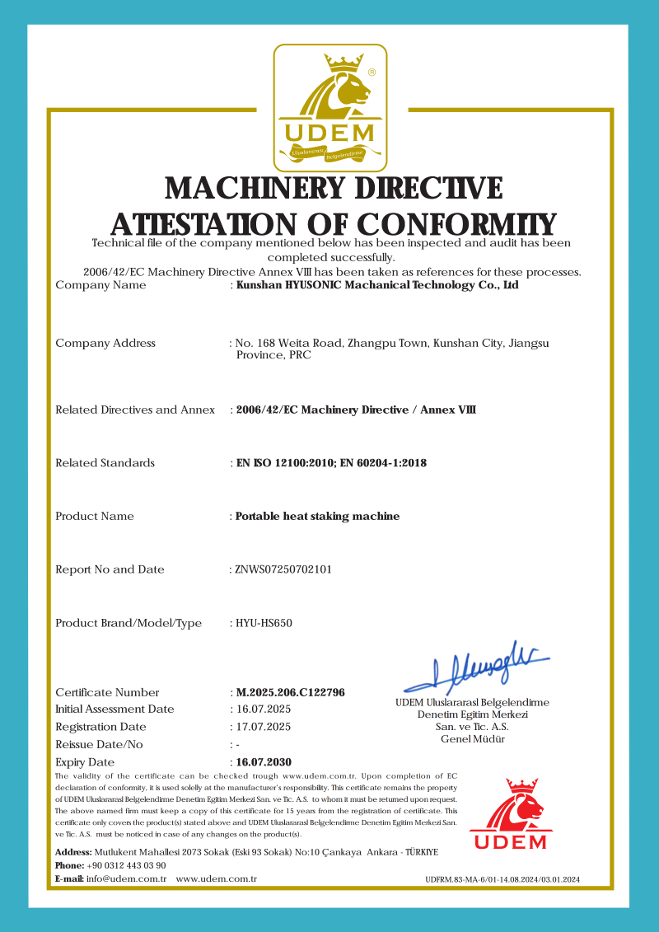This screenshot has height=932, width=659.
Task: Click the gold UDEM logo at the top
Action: point(329,105)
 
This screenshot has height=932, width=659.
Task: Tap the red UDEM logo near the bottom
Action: point(510,814)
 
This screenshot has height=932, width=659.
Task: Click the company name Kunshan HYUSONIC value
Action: point(377,285)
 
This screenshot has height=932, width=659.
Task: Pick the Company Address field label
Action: point(105,343)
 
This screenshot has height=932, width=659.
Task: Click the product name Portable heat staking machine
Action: point(318,517)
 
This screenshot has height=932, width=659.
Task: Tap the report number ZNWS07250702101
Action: point(283,569)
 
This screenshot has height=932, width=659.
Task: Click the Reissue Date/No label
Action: point(99,744)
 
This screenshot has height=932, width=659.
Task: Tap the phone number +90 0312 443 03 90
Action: point(126,865)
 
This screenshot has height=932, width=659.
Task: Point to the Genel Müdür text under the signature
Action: point(473,739)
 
